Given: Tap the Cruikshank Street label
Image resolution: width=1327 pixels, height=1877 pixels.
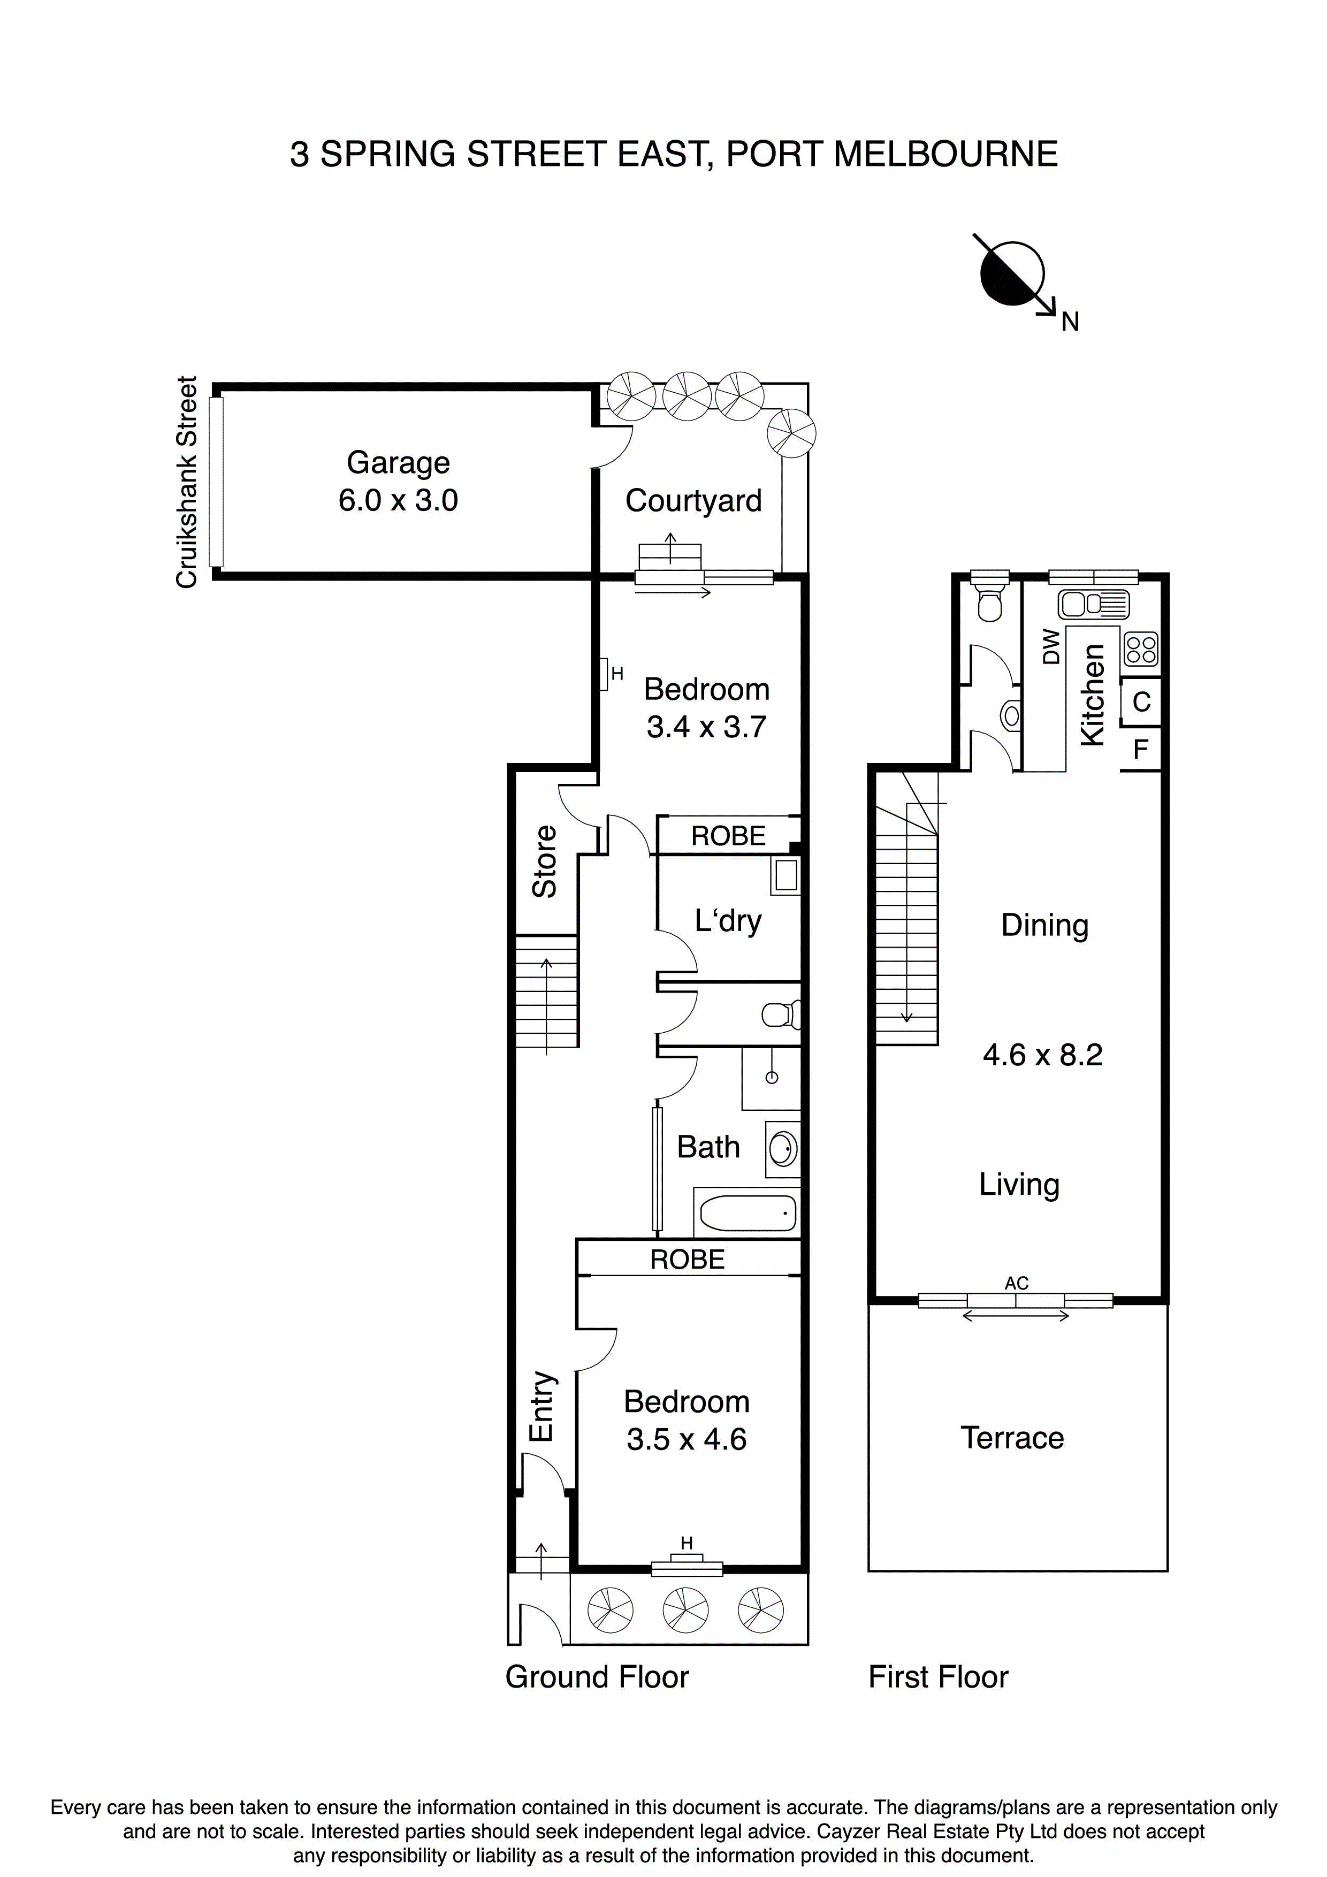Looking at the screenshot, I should [187, 482].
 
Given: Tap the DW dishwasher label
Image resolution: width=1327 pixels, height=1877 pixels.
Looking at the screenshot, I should [1051, 646].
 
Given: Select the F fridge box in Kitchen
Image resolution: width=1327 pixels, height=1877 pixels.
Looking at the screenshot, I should [1141, 749].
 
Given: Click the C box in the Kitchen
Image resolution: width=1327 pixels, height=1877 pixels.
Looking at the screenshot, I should [1141, 701].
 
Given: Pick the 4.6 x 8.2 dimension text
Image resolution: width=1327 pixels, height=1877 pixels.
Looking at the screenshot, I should [1042, 1055].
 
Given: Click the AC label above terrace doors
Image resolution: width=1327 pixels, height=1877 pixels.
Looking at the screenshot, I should [1016, 1284].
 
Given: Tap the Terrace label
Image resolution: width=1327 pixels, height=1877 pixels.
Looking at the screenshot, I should [1012, 1438].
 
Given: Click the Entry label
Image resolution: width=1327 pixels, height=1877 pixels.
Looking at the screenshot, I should [542, 1406].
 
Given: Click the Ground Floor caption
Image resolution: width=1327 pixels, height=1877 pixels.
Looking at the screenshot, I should [597, 1677].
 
